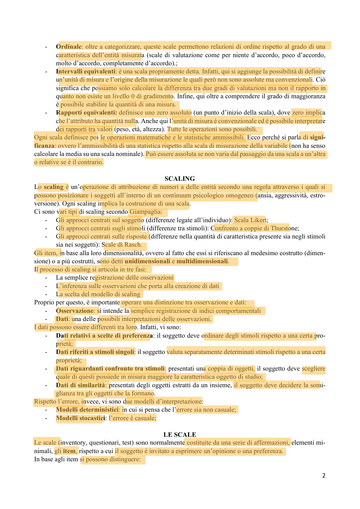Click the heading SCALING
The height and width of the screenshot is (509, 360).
tap(180, 179)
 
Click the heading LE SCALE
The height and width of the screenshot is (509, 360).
tap(180, 435)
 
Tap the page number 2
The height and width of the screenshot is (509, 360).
tap(324, 475)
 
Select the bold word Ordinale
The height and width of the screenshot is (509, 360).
tap(69, 47)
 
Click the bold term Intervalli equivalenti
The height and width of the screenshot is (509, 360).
tap(86, 71)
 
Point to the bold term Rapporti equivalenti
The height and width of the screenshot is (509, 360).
tap(86, 112)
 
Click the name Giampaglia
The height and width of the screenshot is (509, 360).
tap(146, 212)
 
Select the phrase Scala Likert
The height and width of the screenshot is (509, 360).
tap(250, 220)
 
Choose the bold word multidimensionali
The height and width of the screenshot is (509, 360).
tap(202, 261)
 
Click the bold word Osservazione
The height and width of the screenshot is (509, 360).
tap(75, 311)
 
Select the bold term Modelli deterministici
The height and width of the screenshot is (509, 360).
tap(87, 410)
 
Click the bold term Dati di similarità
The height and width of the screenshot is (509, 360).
tap(81, 385)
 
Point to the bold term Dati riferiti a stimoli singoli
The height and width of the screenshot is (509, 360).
tap(95, 352)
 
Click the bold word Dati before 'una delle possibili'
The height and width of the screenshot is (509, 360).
tap(63, 319)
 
